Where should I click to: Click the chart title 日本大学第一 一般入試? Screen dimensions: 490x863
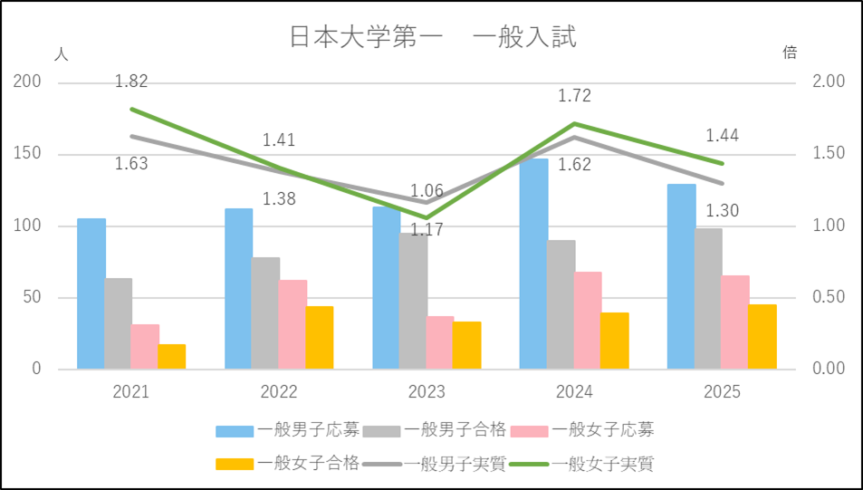click(x=432, y=37)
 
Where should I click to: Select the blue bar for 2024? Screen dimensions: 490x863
click(x=533, y=264)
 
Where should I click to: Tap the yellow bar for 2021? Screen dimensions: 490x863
click(x=171, y=357)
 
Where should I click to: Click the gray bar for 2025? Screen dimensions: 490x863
click(x=708, y=299)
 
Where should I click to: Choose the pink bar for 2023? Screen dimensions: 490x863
click(x=440, y=342)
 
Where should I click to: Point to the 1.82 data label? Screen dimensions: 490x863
click(x=131, y=82)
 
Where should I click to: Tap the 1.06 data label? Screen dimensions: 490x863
click(x=427, y=191)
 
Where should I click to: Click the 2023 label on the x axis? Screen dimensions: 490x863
click(x=427, y=392)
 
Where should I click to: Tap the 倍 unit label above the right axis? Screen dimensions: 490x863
click(x=790, y=53)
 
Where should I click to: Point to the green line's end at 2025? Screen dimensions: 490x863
click(x=723, y=164)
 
